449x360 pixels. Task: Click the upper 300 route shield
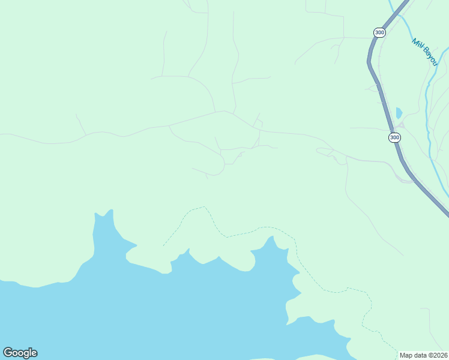(379, 32)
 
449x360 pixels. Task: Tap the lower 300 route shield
(394, 137)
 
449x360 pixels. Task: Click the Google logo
(20, 353)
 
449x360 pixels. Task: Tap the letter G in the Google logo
(8, 353)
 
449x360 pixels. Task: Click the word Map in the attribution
(406, 355)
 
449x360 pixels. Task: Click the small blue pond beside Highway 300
(399, 113)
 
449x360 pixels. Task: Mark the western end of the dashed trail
(163, 246)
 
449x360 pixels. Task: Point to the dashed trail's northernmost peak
(204, 208)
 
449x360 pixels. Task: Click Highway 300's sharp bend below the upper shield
(370, 60)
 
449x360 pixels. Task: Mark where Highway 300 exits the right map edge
(447, 214)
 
